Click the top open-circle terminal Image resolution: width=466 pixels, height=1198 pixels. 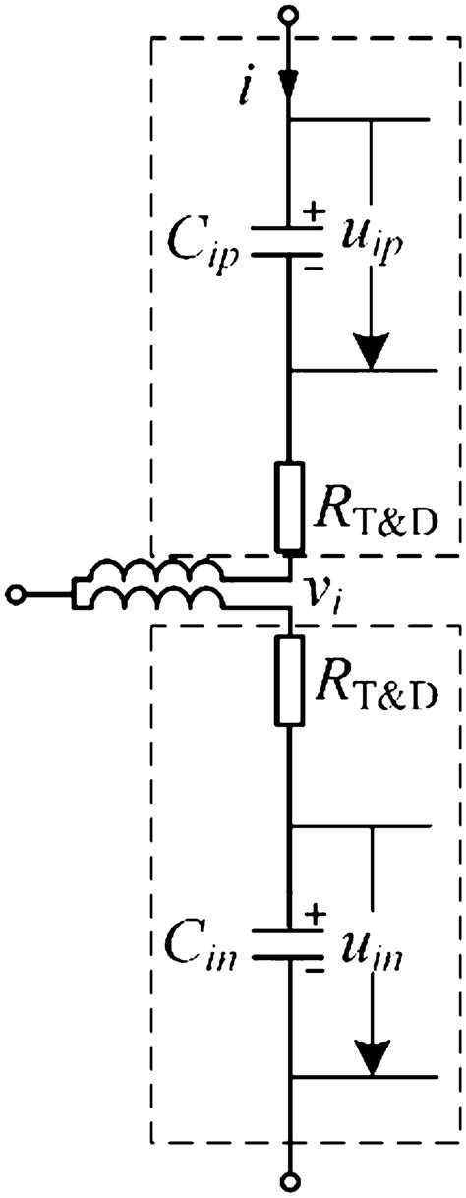[288, 15]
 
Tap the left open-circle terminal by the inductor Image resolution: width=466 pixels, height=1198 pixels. [17, 594]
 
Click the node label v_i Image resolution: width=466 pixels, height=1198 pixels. [326, 597]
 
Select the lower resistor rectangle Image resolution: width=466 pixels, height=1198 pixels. [290, 680]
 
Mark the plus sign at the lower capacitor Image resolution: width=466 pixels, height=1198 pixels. [316, 915]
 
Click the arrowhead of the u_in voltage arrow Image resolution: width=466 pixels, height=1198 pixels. [371, 1056]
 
